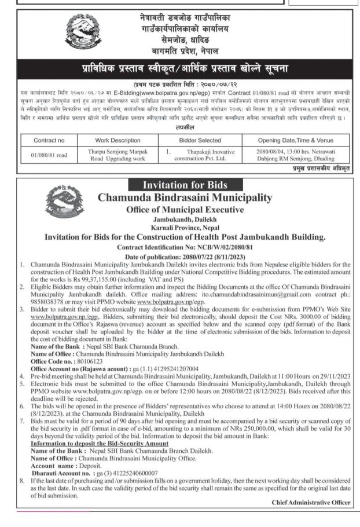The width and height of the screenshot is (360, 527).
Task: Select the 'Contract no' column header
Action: click(x=49, y=140)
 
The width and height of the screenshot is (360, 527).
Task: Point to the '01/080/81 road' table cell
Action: click(x=49, y=155)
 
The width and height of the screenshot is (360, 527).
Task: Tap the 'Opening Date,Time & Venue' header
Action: click(x=296, y=140)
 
